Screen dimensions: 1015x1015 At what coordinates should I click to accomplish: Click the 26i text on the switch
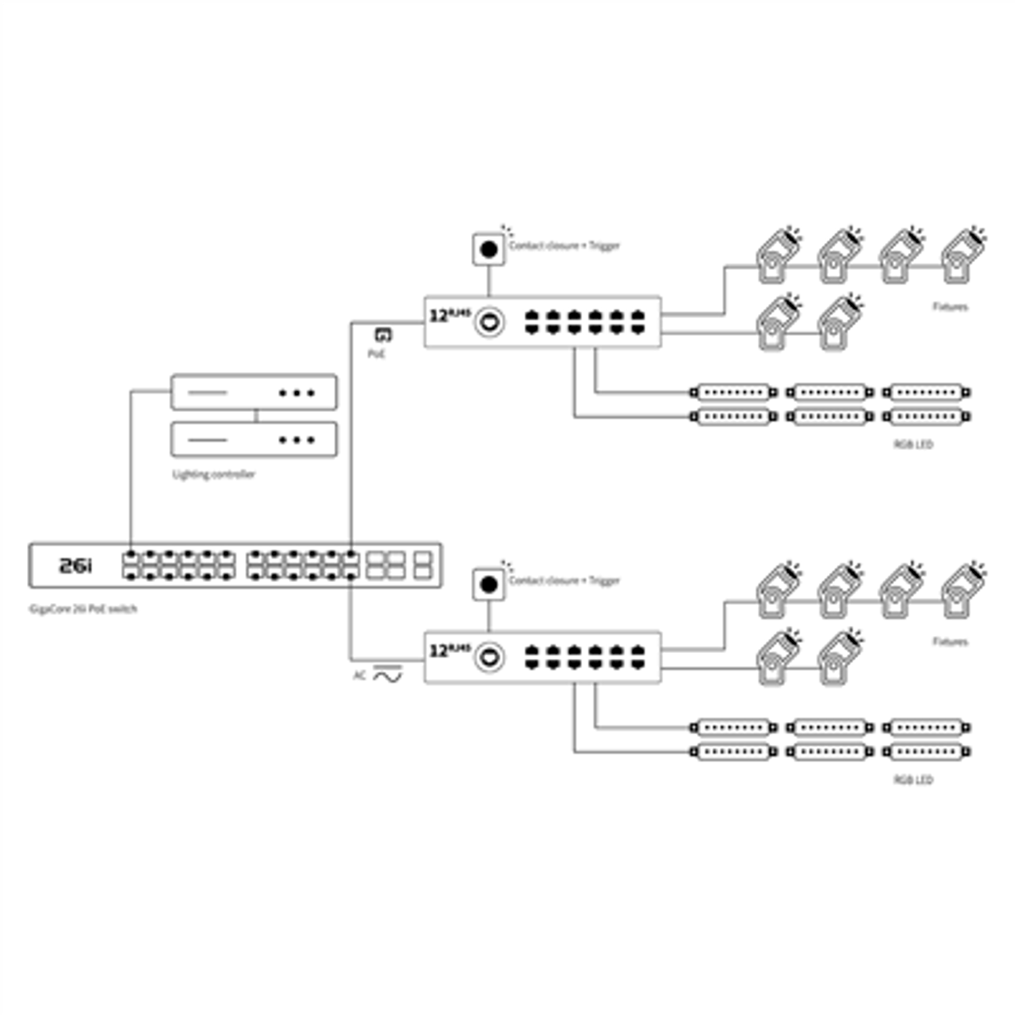(75, 566)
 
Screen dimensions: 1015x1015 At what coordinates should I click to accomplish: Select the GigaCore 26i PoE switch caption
(83, 609)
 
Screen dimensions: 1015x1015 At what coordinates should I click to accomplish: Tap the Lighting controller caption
(214, 474)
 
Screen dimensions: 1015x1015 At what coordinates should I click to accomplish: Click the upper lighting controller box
(254, 392)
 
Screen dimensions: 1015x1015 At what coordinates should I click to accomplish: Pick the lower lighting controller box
(254, 440)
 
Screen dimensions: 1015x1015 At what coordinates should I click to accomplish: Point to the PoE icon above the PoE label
(383, 334)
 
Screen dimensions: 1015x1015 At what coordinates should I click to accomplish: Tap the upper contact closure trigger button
(489, 249)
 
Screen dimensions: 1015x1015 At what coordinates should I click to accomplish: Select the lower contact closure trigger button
(489, 585)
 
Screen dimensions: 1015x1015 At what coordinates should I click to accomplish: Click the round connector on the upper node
(489, 322)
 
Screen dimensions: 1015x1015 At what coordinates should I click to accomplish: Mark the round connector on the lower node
(489, 658)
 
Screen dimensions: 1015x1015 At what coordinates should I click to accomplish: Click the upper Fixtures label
(950, 307)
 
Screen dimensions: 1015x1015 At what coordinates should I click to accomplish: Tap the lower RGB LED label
(913, 780)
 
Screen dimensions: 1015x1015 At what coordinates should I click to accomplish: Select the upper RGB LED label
(913, 445)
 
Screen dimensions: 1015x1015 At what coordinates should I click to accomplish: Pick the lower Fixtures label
(950, 641)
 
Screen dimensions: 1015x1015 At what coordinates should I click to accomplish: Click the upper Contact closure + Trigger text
(564, 246)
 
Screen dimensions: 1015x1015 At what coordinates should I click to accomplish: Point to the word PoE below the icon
(377, 354)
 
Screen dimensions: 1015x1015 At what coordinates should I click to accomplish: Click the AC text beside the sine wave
(359, 675)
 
